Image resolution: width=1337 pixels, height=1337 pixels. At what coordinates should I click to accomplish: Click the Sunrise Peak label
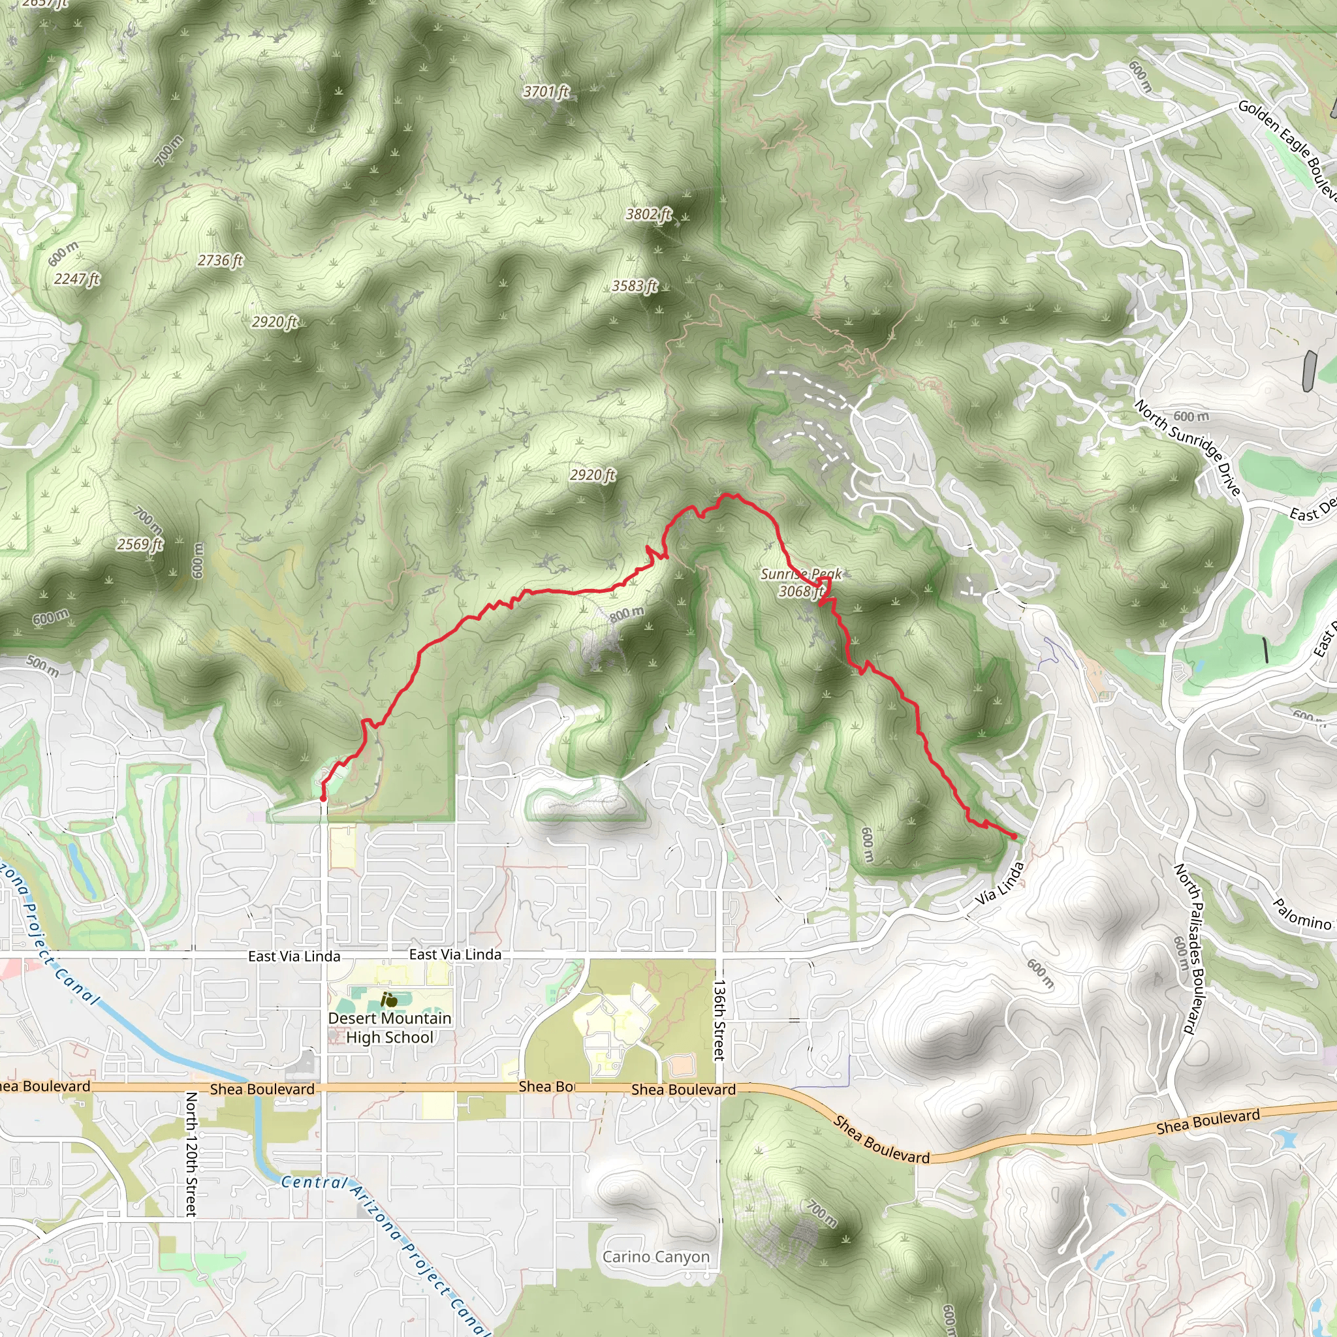click(x=802, y=574)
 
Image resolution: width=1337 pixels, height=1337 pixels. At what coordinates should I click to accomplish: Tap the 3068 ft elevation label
click(x=800, y=591)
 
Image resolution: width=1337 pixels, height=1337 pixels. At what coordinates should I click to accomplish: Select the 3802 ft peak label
click(x=648, y=215)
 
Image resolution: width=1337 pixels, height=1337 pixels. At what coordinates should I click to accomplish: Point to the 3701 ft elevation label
click(x=546, y=91)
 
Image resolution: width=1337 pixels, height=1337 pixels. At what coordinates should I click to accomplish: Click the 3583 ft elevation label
click(x=635, y=286)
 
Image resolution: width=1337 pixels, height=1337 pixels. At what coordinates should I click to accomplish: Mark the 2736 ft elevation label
click(x=220, y=260)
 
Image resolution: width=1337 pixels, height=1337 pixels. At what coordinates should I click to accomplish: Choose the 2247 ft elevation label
click(x=77, y=279)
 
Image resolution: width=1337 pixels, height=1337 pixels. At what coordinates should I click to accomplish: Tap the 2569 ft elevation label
click(x=140, y=544)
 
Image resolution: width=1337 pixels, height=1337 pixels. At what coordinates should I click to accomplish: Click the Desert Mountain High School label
click(x=390, y=1028)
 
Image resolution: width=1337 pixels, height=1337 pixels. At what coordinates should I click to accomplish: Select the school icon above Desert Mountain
click(x=389, y=1000)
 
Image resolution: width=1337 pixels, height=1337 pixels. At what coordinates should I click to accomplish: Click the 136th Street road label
click(x=719, y=1020)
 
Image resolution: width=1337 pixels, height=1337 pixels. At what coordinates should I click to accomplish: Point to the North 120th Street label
click(x=191, y=1154)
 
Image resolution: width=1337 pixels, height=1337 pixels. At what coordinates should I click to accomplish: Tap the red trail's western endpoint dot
click(x=323, y=798)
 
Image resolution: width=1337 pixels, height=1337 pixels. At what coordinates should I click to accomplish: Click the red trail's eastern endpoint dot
click(x=1014, y=837)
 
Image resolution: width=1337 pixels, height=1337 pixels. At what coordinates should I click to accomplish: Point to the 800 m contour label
click(x=627, y=614)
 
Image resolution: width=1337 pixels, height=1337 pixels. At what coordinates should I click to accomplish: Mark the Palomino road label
click(x=1302, y=914)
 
